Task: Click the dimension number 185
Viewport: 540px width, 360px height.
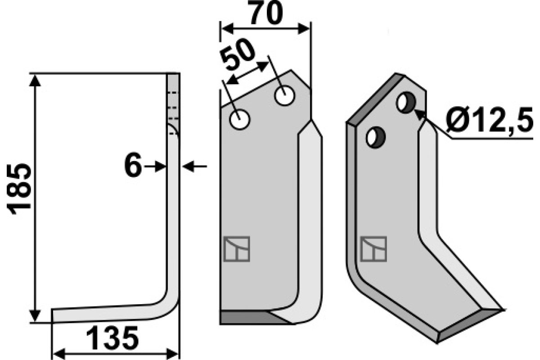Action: [19, 189]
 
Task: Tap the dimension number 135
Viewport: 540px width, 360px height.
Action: [112, 338]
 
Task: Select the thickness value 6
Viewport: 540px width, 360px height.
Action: [133, 165]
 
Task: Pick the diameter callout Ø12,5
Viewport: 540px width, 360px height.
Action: [490, 120]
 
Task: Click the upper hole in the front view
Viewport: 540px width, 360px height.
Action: [285, 96]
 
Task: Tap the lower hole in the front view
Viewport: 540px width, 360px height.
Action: [240, 119]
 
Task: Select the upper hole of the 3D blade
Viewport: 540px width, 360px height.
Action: [406, 102]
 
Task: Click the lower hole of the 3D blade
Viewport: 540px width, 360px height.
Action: [376, 137]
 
